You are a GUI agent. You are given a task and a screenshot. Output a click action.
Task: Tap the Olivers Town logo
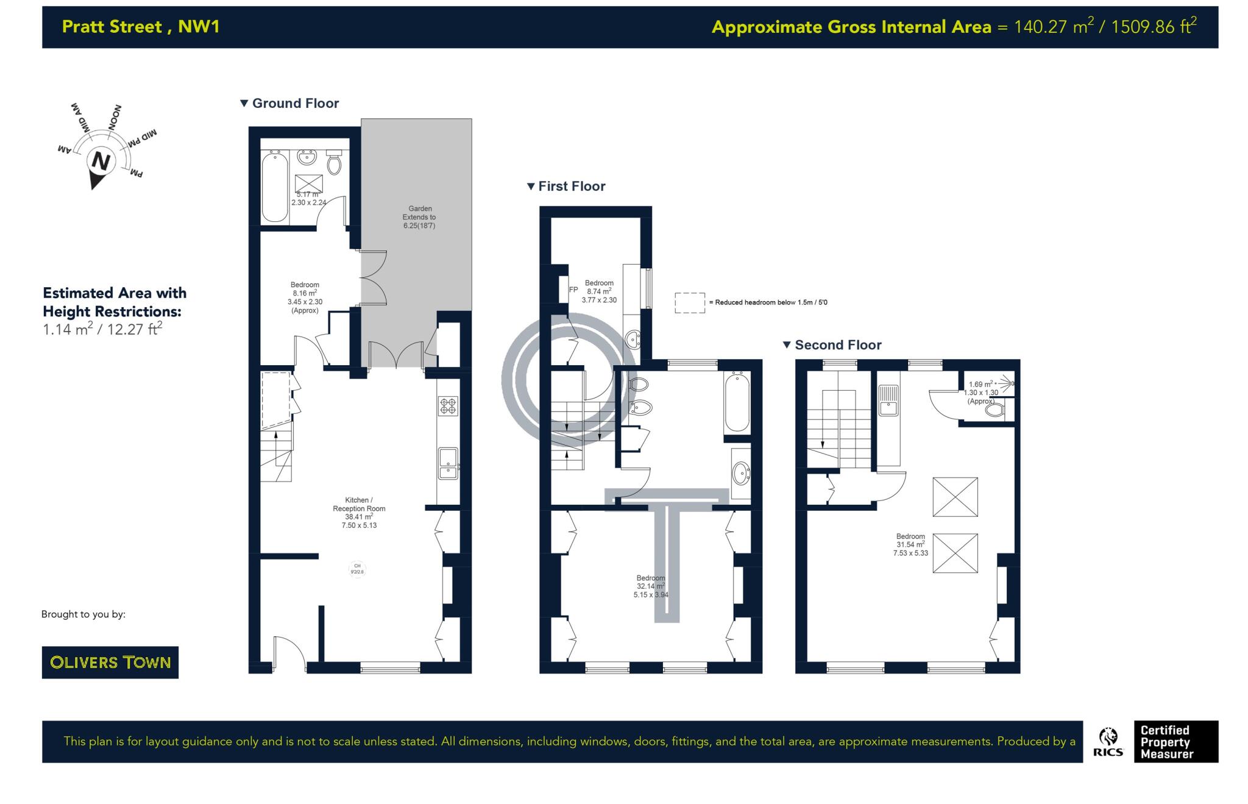[x=110, y=662]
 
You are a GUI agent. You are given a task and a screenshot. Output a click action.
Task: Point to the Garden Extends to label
[x=419, y=217]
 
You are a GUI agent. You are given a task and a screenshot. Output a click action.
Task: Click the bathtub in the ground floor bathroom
[x=274, y=187]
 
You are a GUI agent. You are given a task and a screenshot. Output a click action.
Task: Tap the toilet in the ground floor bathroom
[x=334, y=163]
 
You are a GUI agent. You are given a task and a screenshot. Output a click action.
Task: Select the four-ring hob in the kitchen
[x=448, y=406]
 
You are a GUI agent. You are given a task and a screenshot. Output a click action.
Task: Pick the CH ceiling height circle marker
[x=357, y=569]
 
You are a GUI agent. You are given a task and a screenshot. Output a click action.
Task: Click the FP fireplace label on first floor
[x=573, y=290]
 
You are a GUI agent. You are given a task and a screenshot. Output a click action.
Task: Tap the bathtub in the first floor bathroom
[x=737, y=402]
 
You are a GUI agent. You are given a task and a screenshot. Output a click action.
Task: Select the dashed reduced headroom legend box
[x=689, y=303]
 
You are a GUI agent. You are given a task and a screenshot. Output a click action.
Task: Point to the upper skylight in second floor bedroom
[x=955, y=497]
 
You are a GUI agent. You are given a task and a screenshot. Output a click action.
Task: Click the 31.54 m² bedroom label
[x=910, y=544]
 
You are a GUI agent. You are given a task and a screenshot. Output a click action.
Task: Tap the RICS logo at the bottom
[x=1108, y=742]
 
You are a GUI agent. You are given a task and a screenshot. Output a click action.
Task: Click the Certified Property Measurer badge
[x=1175, y=742]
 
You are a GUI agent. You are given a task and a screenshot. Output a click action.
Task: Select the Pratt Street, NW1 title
[x=141, y=27]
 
